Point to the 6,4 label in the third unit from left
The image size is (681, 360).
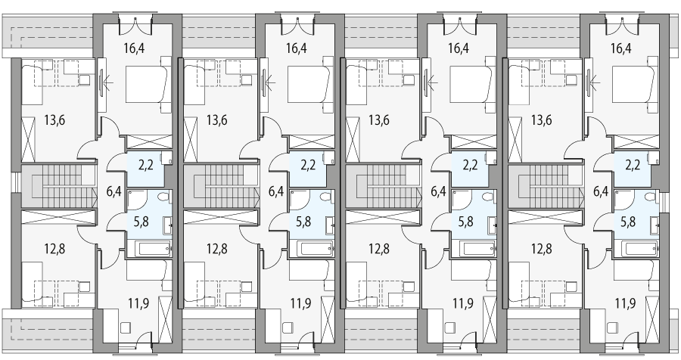coord(438,191)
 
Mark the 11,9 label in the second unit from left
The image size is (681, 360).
coord(301,303)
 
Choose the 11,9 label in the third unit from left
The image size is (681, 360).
coord(463,303)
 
